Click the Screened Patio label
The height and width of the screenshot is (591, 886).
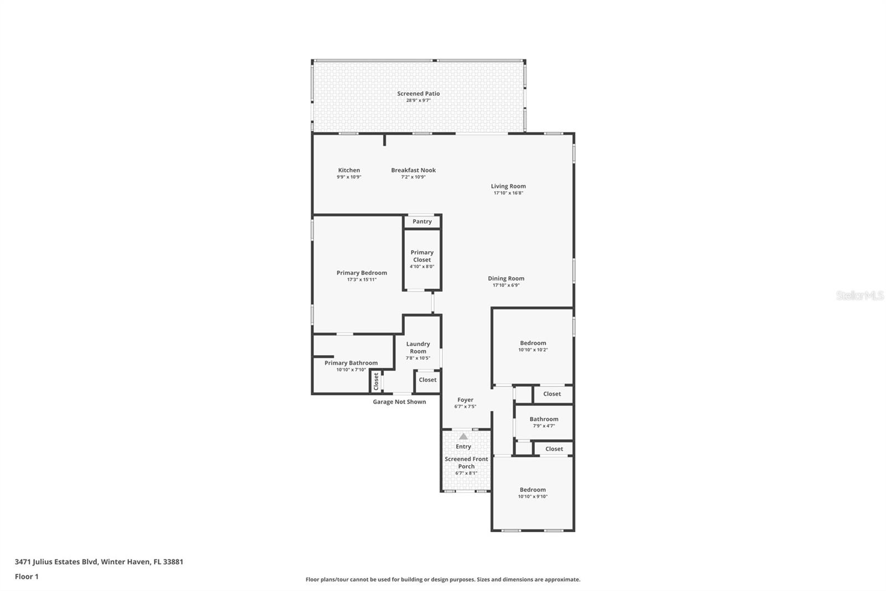pyautogui.click(x=419, y=94)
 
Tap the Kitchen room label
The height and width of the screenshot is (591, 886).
pyautogui.click(x=349, y=170)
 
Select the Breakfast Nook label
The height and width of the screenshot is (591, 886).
pyautogui.click(x=413, y=170)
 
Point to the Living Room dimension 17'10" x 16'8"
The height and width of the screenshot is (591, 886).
pyautogui.click(x=508, y=193)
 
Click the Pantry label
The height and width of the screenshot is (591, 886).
pyautogui.click(x=422, y=221)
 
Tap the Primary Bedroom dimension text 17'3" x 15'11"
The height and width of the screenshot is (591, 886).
pyautogui.click(x=362, y=279)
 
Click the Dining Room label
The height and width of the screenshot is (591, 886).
pyautogui.click(x=506, y=278)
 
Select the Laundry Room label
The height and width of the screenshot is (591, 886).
pyautogui.click(x=418, y=348)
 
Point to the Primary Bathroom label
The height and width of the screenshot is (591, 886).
pyautogui.click(x=351, y=363)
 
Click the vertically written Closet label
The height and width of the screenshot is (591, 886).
pyautogui.click(x=376, y=381)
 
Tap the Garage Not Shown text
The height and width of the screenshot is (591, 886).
pyautogui.click(x=399, y=401)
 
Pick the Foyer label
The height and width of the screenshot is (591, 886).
pyautogui.click(x=465, y=400)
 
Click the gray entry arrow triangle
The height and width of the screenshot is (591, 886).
pyautogui.click(x=463, y=436)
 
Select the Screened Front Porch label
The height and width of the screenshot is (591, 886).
pyautogui.click(x=466, y=463)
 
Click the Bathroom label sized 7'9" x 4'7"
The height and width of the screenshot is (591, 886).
pyautogui.click(x=544, y=419)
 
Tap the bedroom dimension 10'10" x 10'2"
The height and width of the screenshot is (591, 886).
pyautogui.click(x=533, y=350)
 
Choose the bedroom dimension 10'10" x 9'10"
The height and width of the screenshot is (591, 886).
pyautogui.click(x=533, y=496)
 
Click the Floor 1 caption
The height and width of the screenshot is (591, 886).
pyautogui.click(x=27, y=577)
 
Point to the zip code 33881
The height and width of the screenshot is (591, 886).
pyautogui.click(x=173, y=561)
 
